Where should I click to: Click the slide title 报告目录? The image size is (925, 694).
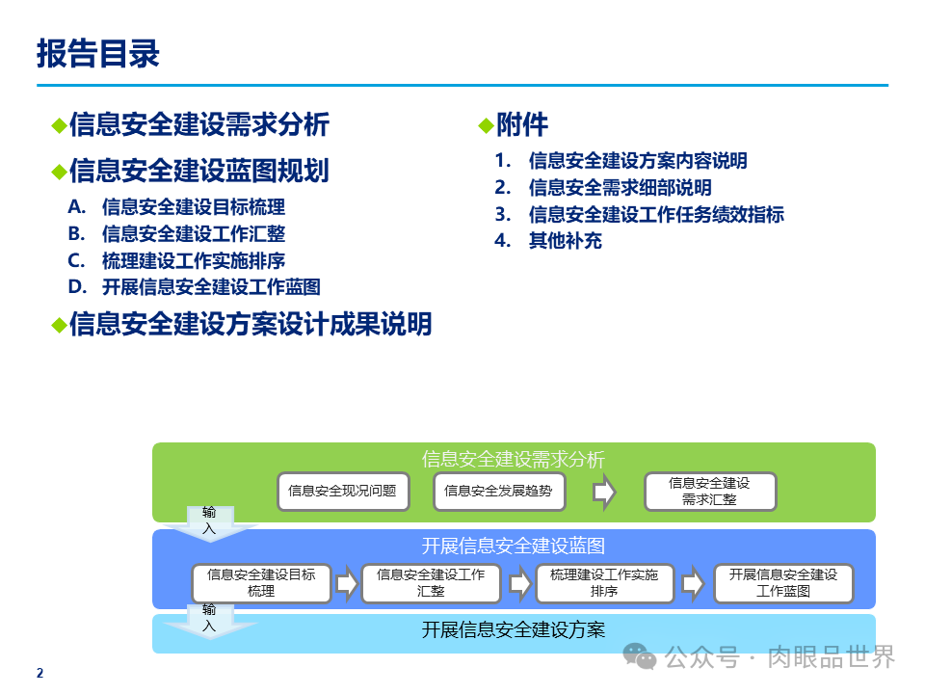pos(98,54)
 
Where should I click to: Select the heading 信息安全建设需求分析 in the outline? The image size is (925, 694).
pos(199,124)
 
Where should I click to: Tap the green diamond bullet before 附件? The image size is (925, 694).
pos(486,125)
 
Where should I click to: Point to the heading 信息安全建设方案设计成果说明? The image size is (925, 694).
pos(251,324)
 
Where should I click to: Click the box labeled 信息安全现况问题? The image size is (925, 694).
pos(342,492)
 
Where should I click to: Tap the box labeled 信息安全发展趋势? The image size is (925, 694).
pos(498,492)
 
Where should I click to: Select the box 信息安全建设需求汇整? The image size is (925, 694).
pos(709,492)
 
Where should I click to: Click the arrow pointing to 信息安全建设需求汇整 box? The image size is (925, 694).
pos(604,492)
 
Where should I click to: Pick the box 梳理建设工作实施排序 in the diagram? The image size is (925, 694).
pos(604,583)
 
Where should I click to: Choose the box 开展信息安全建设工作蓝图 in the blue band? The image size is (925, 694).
pos(783,583)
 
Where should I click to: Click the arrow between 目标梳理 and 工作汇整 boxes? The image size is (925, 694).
pos(346,583)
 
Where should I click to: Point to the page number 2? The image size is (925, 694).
pos(40,674)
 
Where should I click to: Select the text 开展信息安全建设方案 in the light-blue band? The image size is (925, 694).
pos(514,630)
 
